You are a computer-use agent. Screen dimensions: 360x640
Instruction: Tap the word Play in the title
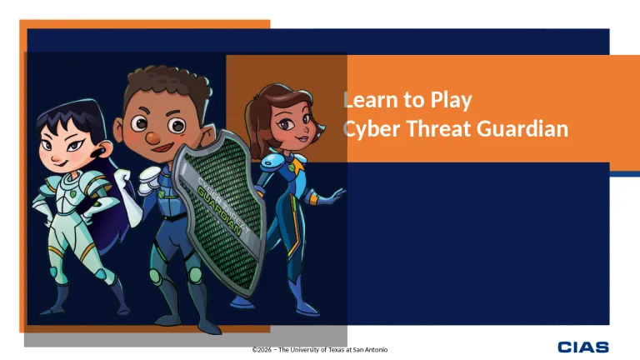(x=451, y=101)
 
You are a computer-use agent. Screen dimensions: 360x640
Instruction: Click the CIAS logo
(x=583, y=347)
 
